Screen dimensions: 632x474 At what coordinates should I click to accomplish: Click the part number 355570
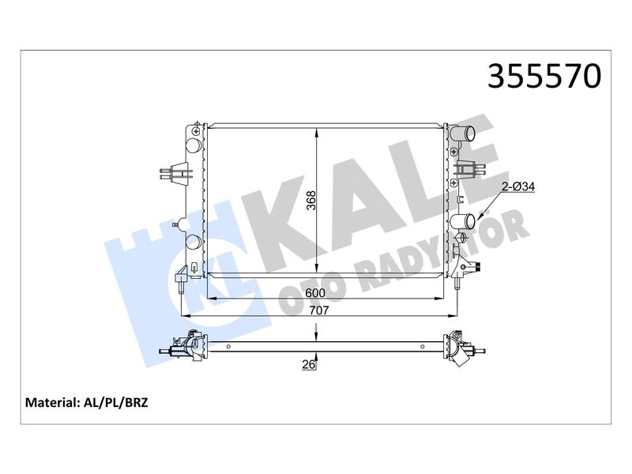click(544, 76)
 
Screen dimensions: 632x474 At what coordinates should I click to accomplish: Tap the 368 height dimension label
click(311, 200)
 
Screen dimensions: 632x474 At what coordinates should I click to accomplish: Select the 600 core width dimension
click(314, 293)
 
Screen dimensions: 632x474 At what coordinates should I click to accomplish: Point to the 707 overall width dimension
click(319, 310)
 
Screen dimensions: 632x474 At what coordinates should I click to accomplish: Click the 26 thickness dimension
click(308, 365)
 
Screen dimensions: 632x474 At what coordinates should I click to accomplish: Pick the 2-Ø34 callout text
click(518, 186)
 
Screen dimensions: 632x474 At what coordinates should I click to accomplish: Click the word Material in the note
click(51, 403)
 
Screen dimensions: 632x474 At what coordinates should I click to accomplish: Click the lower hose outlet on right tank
click(464, 222)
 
